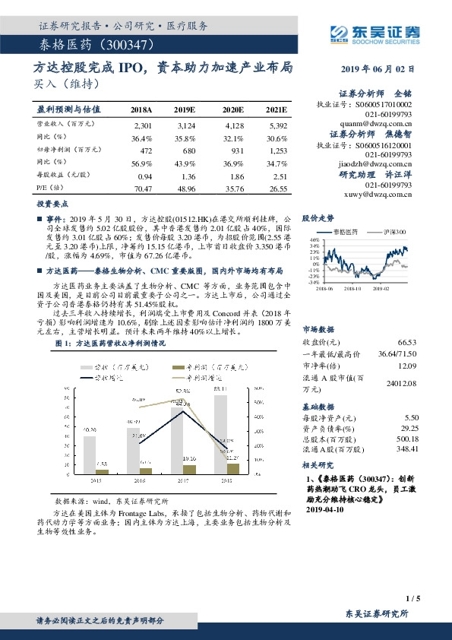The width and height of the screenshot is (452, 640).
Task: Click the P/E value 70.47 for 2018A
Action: pyautogui.click(x=143, y=188)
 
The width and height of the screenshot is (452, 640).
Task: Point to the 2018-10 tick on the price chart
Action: pyautogui.click(x=351, y=289)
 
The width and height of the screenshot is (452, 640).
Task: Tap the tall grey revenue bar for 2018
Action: pyautogui.click(x=221, y=432)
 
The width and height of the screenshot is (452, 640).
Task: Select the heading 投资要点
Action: pyautogui.click(x=54, y=205)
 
